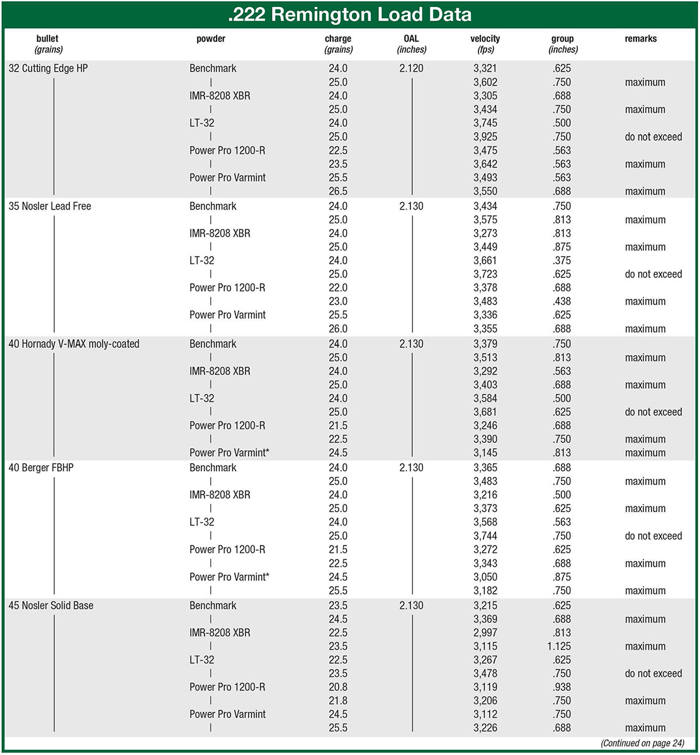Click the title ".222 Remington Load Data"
pos(349,14)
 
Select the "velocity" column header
pos(485,39)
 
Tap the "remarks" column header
pos(640,39)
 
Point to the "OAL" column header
pos(411,39)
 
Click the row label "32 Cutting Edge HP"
pos(48,69)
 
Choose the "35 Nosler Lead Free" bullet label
pos(50,206)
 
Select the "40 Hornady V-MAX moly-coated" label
pos(74,344)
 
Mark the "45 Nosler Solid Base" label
pos(51,605)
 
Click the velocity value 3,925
pos(485,137)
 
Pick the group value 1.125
pos(560,646)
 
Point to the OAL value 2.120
pos(411,69)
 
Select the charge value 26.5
pos(338,191)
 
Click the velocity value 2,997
pos(485,632)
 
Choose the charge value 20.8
pos(338,687)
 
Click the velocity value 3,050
pos(485,577)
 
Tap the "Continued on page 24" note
pos(642,743)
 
